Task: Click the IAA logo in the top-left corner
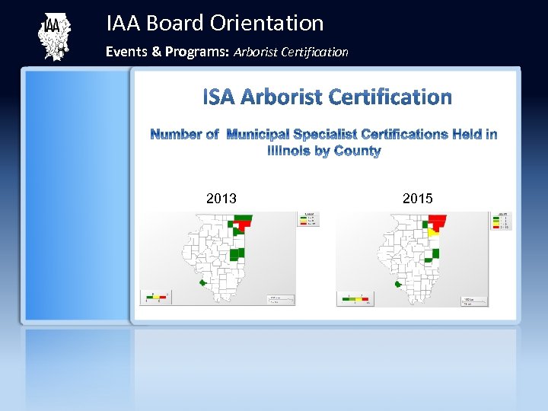[54, 37]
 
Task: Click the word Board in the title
[177, 24]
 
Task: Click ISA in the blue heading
[219, 97]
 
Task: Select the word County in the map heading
[357, 151]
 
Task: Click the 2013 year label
[221, 199]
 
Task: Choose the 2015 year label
[417, 199]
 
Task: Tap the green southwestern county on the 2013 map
[203, 282]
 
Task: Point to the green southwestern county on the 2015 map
[398, 285]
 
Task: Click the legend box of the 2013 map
[310, 219]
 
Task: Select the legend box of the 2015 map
[503, 221]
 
